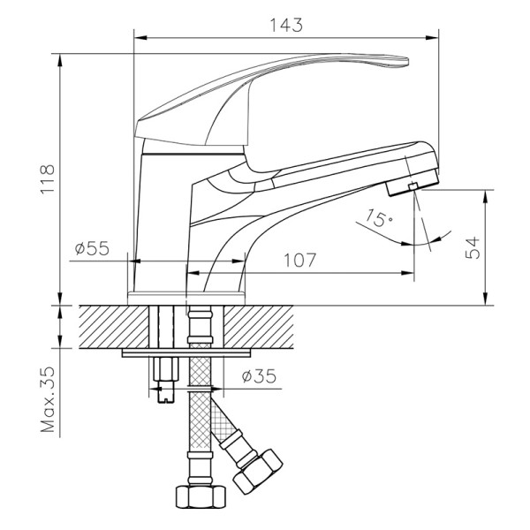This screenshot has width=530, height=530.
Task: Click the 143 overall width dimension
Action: [288, 26]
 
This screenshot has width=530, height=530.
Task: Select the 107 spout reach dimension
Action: [300, 261]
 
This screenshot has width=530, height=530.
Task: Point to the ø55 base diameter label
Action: [91, 249]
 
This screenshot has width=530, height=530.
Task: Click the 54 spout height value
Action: [473, 248]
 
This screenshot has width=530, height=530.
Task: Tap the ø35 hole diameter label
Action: [260, 376]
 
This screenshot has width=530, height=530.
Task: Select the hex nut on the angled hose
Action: [259, 472]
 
